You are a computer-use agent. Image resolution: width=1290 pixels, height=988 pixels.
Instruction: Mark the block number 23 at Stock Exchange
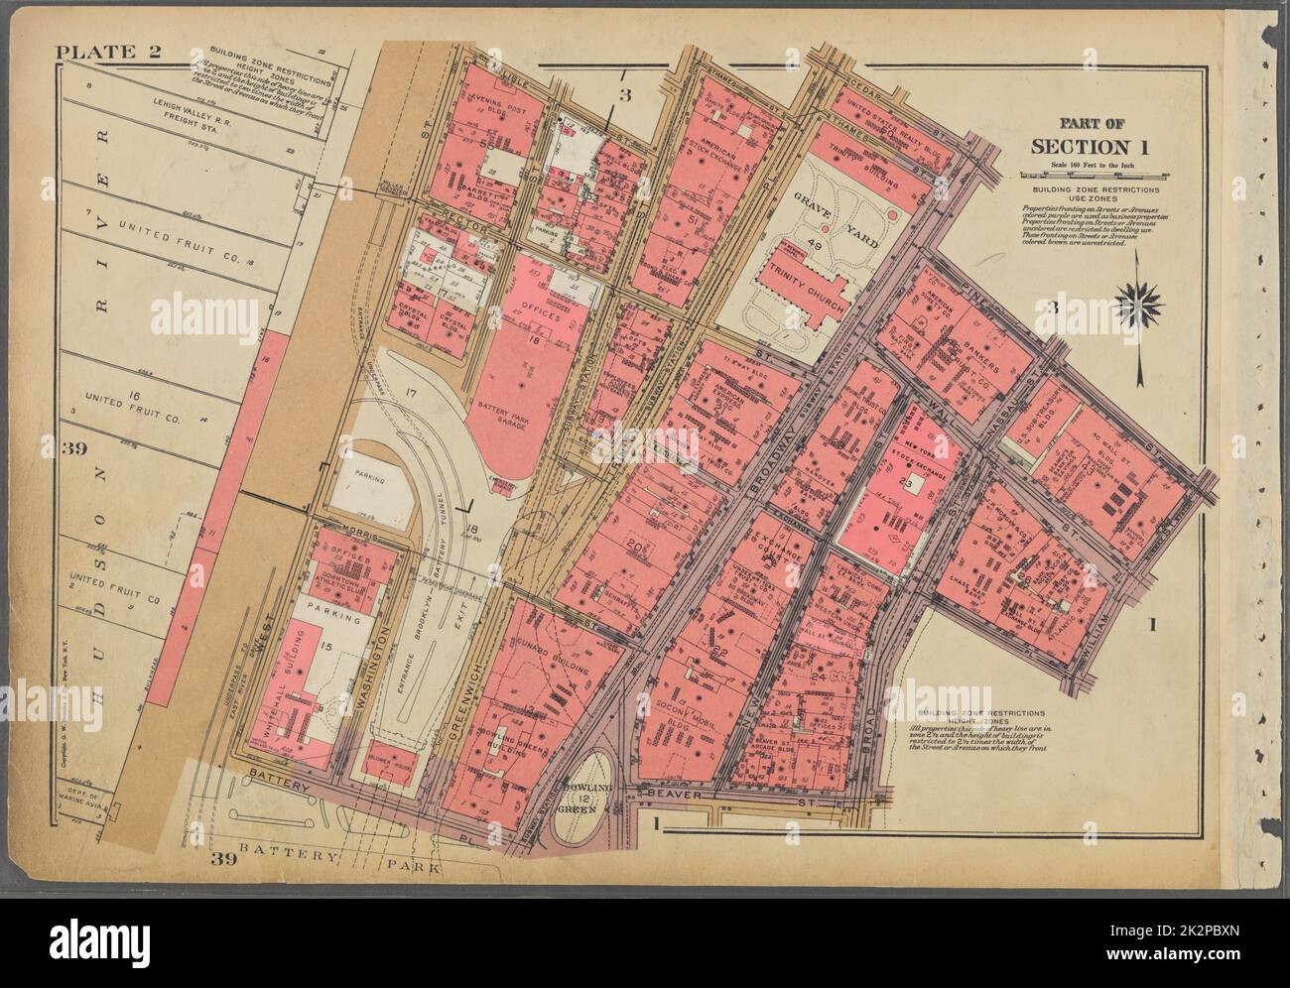(x=905, y=484)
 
